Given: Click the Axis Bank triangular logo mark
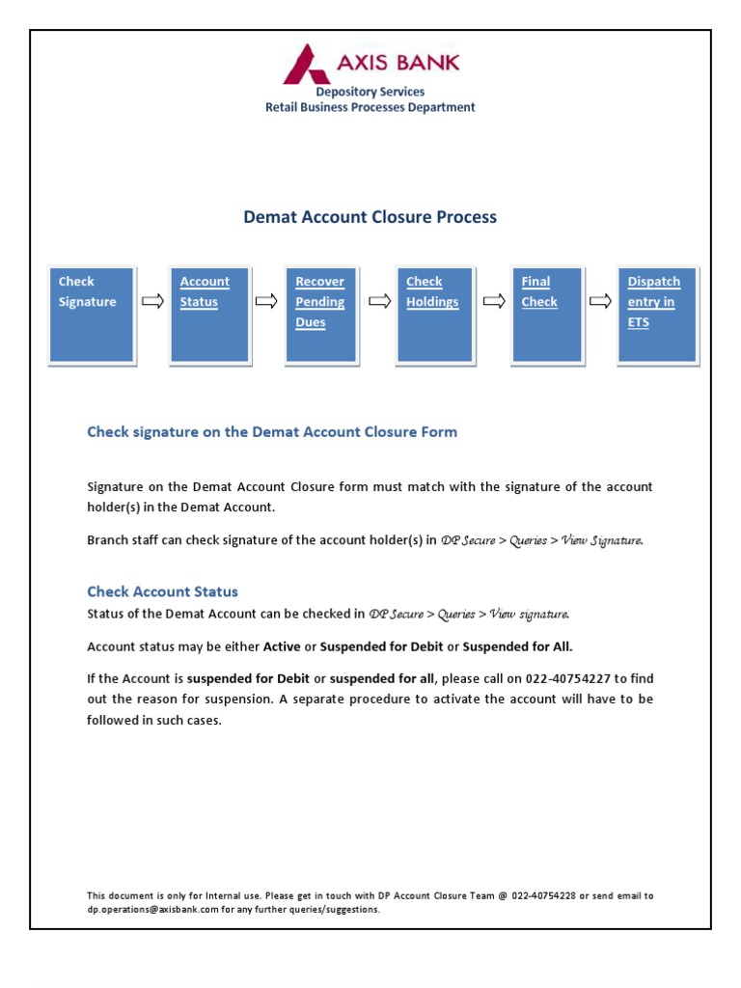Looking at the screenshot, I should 307,65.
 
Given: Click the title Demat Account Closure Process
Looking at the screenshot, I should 370,217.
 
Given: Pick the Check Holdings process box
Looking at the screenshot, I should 435,316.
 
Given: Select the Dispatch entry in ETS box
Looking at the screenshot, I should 657,316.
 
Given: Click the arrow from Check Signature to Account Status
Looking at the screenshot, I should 152,302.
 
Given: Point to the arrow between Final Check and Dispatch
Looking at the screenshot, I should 600,302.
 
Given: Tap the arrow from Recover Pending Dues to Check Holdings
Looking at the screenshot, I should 379,302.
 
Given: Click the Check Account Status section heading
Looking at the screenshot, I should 162,591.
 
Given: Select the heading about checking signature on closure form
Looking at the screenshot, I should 272,432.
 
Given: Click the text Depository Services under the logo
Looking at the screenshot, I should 370,92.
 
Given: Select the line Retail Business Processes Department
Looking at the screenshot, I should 370,107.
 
